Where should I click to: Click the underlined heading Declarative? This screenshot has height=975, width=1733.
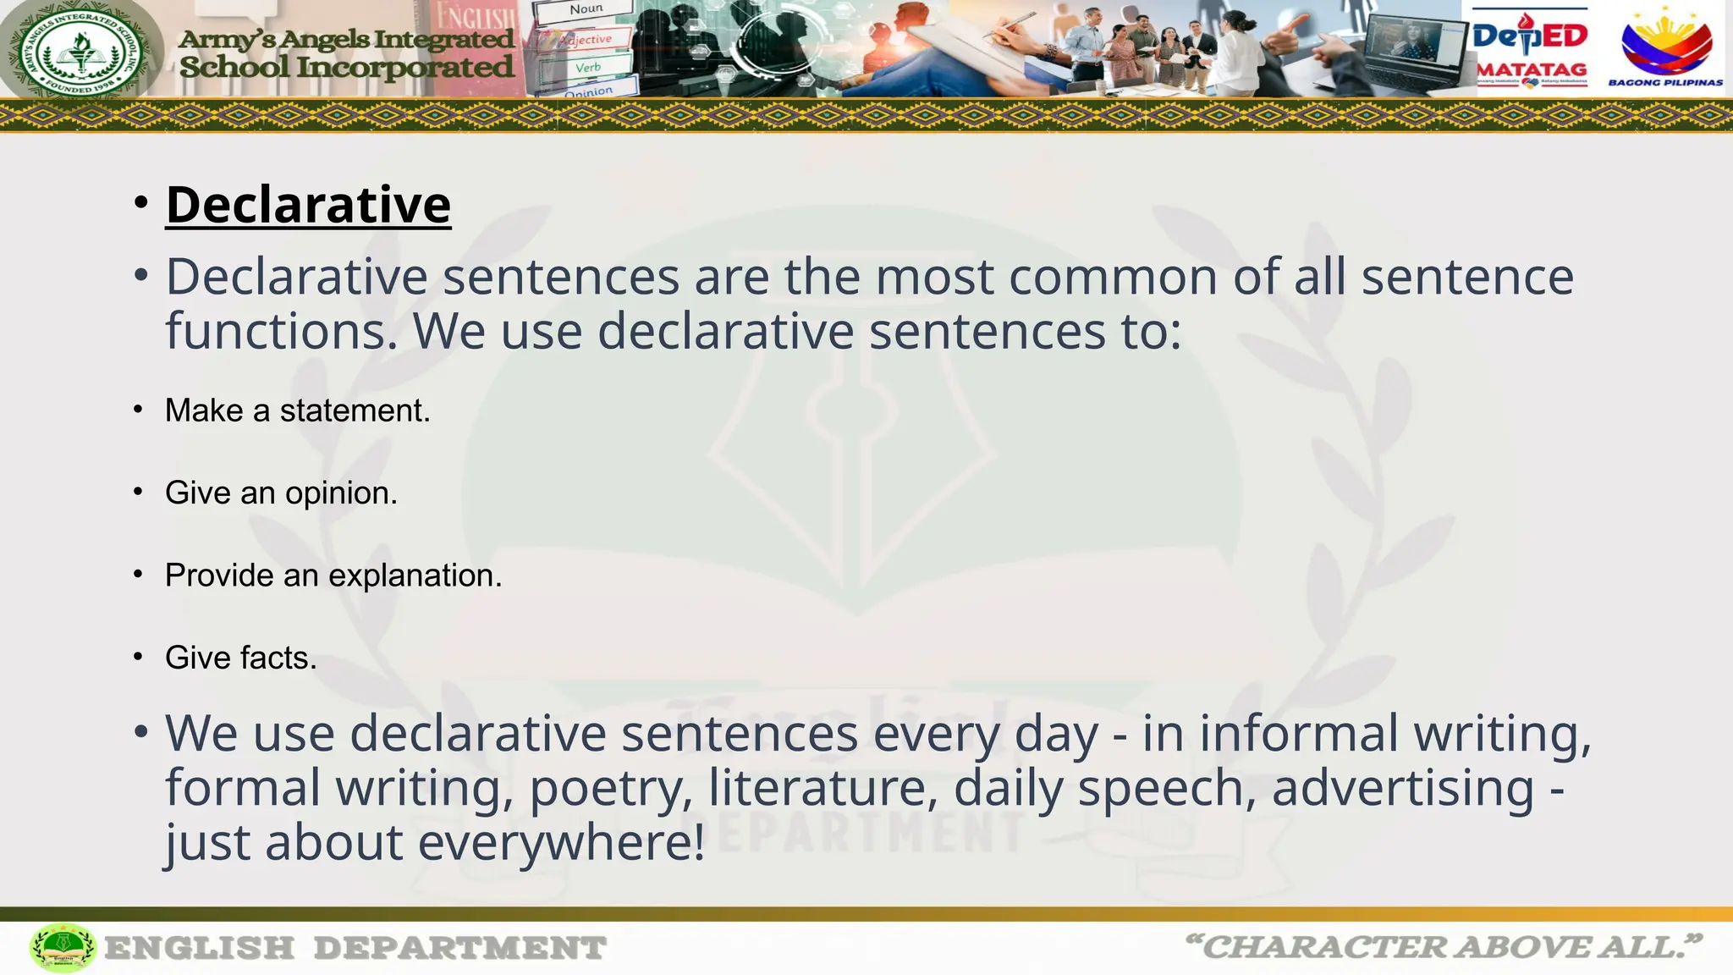[308, 206]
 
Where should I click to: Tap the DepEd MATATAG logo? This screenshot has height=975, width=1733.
[1530, 49]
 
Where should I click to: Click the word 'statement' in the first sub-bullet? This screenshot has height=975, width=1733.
[355, 411]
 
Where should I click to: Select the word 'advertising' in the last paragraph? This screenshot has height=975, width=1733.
[1402, 788]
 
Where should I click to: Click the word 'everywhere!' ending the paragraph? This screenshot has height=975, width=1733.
[561, 843]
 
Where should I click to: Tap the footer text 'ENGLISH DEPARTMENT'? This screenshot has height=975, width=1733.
[355, 948]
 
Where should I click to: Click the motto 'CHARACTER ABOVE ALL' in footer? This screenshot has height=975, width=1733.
[1443, 947]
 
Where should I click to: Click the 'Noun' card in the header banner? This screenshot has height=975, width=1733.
[586, 10]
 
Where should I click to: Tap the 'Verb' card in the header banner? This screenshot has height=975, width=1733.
[587, 68]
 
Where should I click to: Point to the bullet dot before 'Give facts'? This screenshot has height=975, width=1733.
[138, 657]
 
